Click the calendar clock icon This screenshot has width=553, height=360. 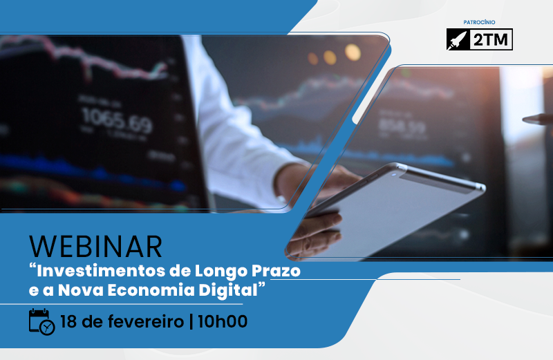tap(41, 322)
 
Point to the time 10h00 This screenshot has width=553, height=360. tap(223, 321)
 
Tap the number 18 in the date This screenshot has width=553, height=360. tap(68, 321)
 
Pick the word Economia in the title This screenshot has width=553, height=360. tap(162, 290)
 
